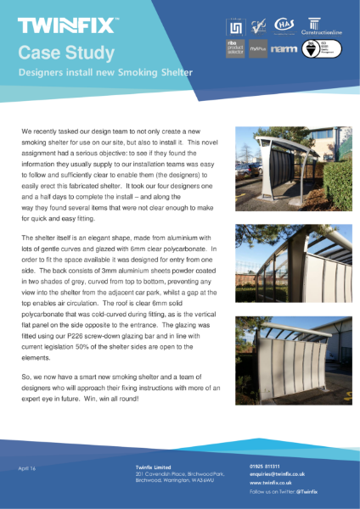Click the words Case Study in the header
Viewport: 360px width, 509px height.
pos(67,53)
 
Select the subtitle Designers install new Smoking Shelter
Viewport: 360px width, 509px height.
pos(105,74)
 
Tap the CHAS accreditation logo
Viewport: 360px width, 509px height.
pos(284,24)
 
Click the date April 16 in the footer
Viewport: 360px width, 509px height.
pos(28,468)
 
